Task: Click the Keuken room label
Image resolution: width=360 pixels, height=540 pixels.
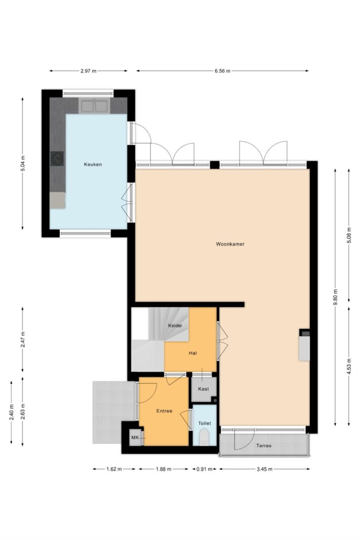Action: pos(93,164)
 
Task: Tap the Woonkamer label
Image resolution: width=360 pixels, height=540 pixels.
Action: pos(230,244)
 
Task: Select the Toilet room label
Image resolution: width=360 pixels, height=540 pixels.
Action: pos(204,423)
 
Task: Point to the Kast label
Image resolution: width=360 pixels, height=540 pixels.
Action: pos(203,389)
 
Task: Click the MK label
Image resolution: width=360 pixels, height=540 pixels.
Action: pos(135,438)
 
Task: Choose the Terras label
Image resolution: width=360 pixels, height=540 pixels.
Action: pos(263,445)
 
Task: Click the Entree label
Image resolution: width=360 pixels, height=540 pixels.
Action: pos(164,411)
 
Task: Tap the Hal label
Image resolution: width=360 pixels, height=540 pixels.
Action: pos(192,353)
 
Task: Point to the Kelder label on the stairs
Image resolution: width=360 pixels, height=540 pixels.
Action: pos(175,325)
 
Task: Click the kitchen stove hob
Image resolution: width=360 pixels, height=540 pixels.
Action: pos(57,159)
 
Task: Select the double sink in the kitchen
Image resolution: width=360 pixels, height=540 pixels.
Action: pos(94,106)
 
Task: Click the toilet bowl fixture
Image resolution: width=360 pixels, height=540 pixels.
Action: pos(204,437)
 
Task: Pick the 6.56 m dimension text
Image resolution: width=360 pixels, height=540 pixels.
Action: pos(222,71)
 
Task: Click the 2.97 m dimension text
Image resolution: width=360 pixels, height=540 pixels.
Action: pos(88,71)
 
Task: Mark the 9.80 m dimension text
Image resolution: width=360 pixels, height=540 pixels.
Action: pos(336,297)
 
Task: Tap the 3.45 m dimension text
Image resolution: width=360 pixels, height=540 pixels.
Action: pos(264,469)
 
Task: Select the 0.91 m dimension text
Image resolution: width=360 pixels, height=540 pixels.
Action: pos(204,469)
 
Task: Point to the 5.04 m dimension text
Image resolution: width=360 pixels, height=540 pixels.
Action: pos(23,163)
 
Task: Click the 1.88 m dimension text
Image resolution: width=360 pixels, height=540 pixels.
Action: pos(164,469)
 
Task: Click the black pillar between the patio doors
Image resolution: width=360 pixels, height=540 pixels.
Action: pos(215,165)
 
